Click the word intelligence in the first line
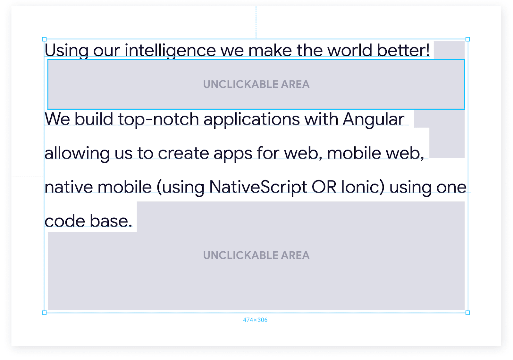pos(170,51)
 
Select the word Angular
pos(373,119)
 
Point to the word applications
pos(252,120)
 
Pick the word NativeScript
pos(258,187)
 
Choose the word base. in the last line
pos(111,221)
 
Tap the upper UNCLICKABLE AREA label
pos(256,84)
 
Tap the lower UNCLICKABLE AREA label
pos(256,255)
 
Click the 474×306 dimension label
pos(255,320)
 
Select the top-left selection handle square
pos(44,39)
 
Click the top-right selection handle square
pos(468,39)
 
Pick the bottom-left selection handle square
pos(44,313)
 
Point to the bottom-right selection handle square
pos(468,313)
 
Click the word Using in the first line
pos(66,51)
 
